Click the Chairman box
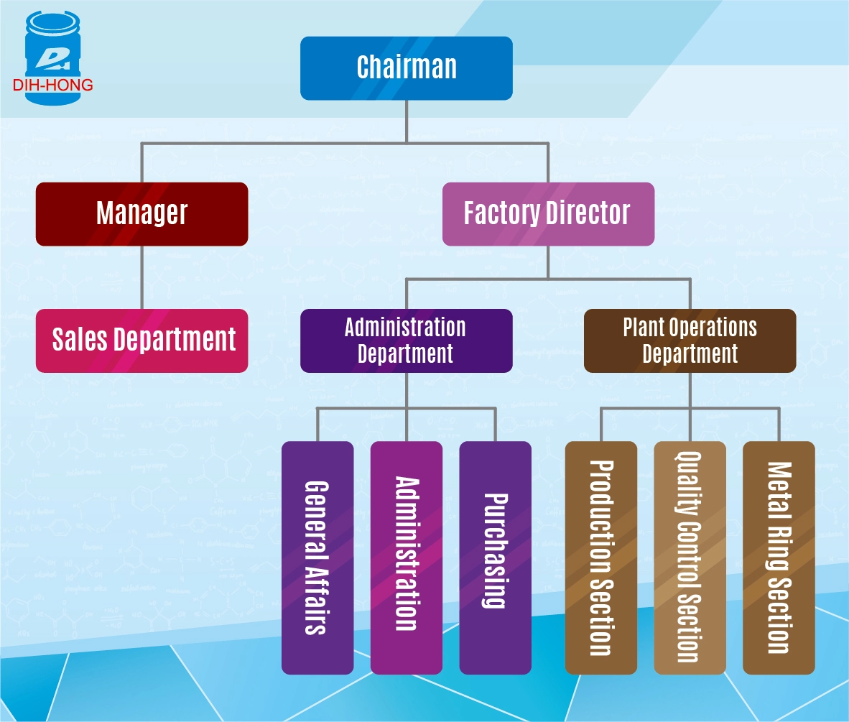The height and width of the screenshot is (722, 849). tap(406, 68)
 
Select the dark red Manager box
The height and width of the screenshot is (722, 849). tap(141, 213)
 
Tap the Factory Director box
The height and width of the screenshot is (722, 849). tap(547, 213)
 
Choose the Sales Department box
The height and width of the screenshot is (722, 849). tap(141, 340)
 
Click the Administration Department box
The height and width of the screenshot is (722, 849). tap(406, 341)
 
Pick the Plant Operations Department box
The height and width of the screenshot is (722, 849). tap(690, 341)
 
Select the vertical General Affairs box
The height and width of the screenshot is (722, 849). tap(317, 557)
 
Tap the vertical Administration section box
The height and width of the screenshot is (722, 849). tap(407, 557)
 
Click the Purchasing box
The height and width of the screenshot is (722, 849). tap(495, 557)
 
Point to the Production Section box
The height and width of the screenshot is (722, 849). tap(600, 557)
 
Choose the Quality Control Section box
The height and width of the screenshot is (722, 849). tap(690, 557)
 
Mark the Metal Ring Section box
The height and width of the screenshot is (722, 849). tap(779, 557)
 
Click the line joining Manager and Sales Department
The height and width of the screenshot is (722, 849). tap(141, 277)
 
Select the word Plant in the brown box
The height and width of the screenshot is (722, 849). tap(642, 328)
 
